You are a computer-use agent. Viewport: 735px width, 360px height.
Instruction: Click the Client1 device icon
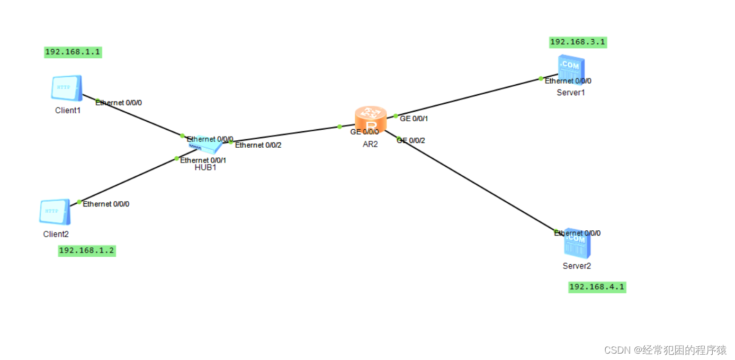67,88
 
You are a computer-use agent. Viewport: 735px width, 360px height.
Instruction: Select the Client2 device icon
55,212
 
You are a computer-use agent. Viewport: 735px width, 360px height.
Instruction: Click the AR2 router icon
370,119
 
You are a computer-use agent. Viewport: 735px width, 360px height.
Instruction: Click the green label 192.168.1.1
73,52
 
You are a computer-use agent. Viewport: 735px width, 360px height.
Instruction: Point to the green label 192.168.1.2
86,251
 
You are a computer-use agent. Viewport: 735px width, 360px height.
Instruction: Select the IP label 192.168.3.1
578,42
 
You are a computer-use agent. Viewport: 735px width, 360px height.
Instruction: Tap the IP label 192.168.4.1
597,287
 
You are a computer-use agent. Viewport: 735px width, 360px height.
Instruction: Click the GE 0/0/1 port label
414,119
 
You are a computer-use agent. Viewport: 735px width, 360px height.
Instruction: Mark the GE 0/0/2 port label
411,140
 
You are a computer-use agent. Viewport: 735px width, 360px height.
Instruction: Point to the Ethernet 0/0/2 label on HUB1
258,145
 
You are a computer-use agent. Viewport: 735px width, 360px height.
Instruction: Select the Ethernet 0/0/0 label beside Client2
106,204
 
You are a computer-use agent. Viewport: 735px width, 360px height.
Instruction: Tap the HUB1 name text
205,168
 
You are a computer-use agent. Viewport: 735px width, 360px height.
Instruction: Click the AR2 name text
370,144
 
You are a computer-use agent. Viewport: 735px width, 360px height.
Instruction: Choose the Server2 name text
577,266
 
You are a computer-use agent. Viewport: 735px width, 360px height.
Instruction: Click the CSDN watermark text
665,350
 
